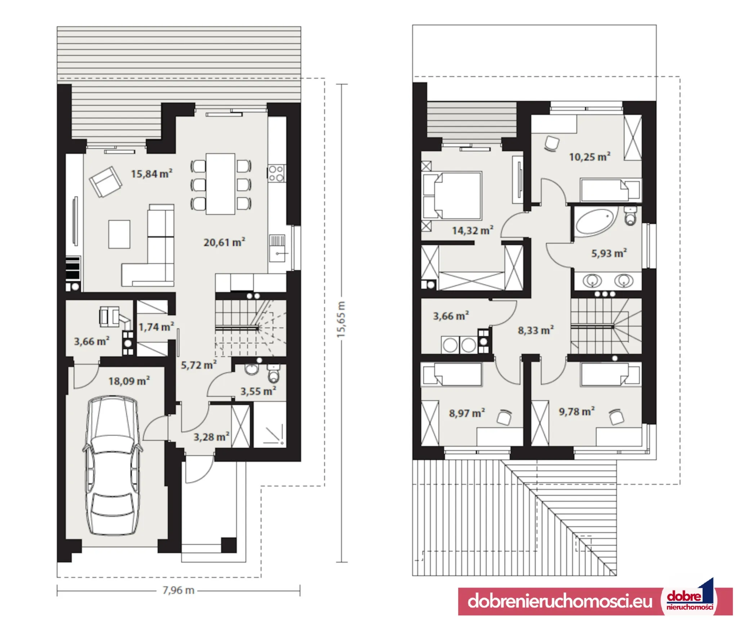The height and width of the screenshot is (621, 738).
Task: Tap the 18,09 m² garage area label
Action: [x=129, y=381]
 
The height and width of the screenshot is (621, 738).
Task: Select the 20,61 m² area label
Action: [x=224, y=242]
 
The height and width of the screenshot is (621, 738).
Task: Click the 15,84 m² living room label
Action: [x=151, y=174]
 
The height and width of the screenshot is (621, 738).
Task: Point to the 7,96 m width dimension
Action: [x=178, y=590]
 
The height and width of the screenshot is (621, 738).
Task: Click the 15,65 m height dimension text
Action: [x=341, y=319]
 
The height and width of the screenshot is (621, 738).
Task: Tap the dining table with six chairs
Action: [x=221, y=184]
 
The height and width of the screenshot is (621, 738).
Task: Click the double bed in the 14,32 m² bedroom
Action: [x=452, y=196]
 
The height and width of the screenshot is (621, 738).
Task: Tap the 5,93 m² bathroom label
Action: [x=609, y=253]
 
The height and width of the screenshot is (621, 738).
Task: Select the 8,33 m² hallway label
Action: [x=536, y=330]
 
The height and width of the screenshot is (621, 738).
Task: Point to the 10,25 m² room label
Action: [x=590, y=157]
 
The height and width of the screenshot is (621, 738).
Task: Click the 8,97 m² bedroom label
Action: [x=467, y=413]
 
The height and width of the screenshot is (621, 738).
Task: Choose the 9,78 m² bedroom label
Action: [x=577, y=411]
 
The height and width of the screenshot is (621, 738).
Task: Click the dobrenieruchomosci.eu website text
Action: [x=560, y=601]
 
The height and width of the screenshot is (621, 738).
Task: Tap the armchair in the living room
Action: [x=106, y=182]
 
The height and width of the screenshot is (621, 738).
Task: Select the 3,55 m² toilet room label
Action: [x=258, y=391]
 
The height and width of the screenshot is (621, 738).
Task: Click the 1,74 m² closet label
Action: [x=156, y=327]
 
